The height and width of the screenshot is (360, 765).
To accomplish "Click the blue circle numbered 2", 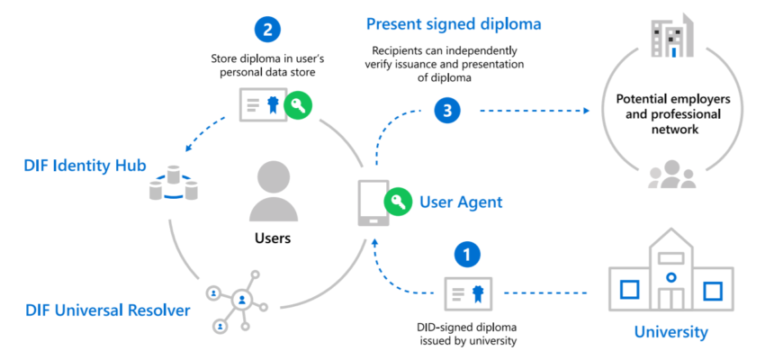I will coord(268,29).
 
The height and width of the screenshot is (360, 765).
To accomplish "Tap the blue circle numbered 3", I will coord(447,111).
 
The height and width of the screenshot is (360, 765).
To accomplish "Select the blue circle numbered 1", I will coord(466,254).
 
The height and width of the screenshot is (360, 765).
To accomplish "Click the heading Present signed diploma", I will coord(454,22).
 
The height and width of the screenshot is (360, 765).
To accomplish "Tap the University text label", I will coord(670,332).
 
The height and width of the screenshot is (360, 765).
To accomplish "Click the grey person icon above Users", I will coord(273,192).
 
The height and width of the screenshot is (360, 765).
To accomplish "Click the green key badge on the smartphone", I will coord(397,200).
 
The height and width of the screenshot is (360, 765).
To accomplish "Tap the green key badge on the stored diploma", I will coord(299,106).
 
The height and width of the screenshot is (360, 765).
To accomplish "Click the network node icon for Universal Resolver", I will coord(238,299).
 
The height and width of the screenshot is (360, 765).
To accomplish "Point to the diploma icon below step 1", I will coord(467,293).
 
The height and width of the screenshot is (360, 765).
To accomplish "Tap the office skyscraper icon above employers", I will coord(672,37).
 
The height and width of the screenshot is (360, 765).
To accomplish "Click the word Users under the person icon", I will coord(272,238).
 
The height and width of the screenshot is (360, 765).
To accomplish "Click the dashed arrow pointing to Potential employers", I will coord(531,111).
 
